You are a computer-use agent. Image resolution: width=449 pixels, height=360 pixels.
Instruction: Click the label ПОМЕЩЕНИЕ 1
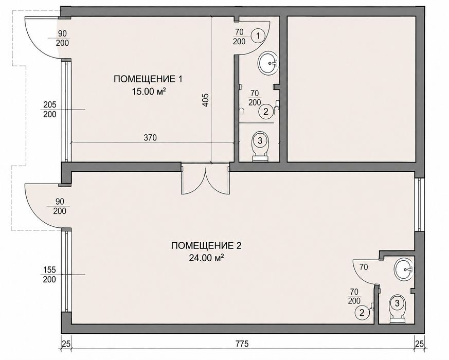(x=148, y=79)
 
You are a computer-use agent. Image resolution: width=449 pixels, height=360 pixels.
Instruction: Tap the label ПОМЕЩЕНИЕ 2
(x=206, y=246)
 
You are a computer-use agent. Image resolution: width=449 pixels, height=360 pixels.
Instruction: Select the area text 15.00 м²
(x=149, y=92)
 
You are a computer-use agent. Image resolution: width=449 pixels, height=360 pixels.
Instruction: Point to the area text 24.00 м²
(x=206, y=258)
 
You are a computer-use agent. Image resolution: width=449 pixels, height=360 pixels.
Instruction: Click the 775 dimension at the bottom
(x=242, y=344)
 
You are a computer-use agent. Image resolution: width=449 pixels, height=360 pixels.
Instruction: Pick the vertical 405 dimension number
(x=207, y=100)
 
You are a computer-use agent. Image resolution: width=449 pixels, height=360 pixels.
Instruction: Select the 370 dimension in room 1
(x=150, y=138)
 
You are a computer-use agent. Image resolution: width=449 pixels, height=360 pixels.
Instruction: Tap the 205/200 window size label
(x=50, y=110)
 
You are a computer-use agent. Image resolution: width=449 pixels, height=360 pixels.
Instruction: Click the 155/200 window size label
(x=49, y=274)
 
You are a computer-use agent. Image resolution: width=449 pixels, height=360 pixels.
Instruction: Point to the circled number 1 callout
(x=258, y=36)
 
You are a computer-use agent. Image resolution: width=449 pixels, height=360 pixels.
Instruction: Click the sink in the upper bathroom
(x=268, y=63)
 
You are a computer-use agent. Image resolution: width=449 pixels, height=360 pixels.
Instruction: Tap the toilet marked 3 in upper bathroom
(x=260, y=146)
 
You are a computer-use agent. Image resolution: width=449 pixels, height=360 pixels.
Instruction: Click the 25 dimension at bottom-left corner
(x=66, y=344)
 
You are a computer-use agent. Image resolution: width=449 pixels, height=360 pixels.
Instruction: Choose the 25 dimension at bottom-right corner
(x=419, y=344)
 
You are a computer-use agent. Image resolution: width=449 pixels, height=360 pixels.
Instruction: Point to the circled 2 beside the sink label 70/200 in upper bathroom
(x=265, y=112)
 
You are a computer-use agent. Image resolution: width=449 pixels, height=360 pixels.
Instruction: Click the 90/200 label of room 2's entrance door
(x=60, y=206)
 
